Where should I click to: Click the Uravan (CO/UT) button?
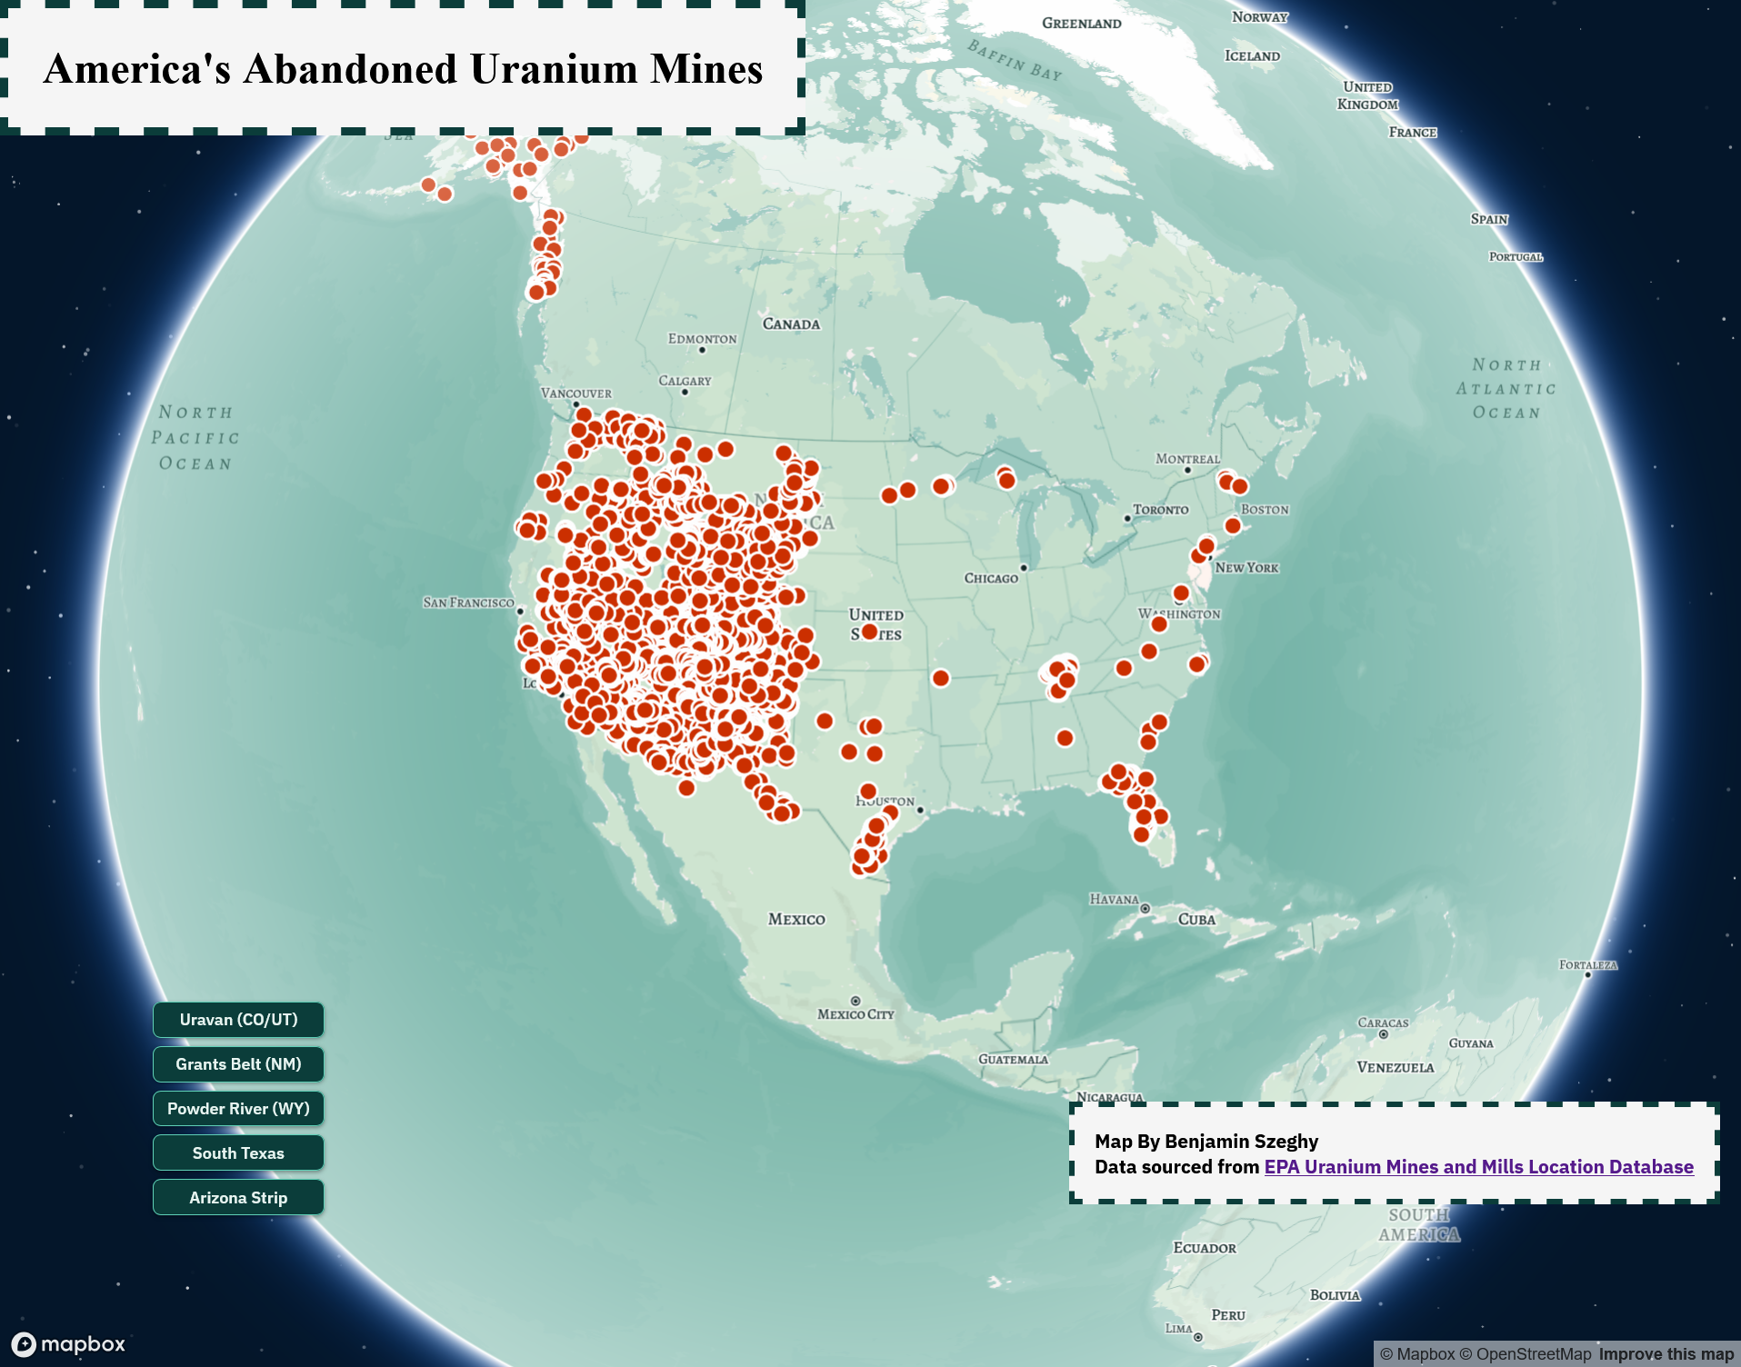[x=238, y=1020]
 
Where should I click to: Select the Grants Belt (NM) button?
[x=238, y=1064]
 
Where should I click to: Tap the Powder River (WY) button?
[x=238, y=1109]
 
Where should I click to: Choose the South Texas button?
[x=238, y=1153]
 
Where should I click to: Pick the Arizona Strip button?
[x=238, y=1198]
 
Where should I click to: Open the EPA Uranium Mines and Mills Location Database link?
[x=1478, y=1167]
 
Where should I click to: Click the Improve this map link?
[x=1666, y=1354]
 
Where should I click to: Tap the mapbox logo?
[x=69, y=1343]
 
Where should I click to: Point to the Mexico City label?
[x=855, y=1014]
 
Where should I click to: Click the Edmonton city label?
[x=702, y=339]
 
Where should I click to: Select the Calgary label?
[x=685, y=381]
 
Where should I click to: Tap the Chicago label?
[x=991, y=578]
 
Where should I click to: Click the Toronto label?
[x=1160, y=510]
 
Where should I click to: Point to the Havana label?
[x=1114, y=900]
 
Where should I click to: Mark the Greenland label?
[x=1081, y=24]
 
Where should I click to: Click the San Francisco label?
[x=468, y=603]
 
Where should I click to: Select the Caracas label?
[x=1383, y=1023]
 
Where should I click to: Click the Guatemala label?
[x=1013, y=1059]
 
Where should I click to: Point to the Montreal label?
[x=1187, y=459]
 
